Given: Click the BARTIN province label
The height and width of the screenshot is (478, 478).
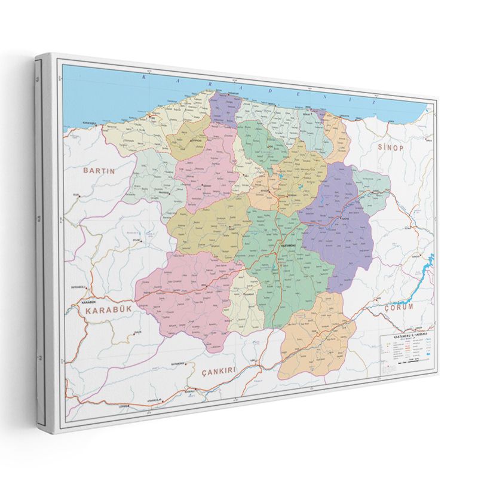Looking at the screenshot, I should [x=98, y=170].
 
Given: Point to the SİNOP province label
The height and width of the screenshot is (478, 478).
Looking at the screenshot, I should [x=391, y=147].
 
